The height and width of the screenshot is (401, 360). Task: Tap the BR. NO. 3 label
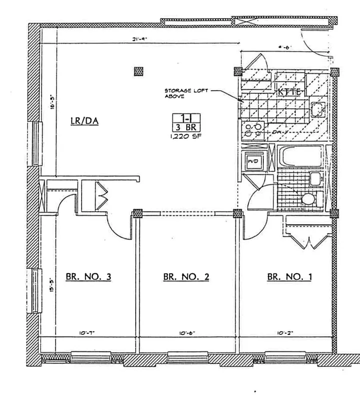(88, 276)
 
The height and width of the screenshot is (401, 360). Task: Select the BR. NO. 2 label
(185, 276)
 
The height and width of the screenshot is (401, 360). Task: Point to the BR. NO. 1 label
(289, 276)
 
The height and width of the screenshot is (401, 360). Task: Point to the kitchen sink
(317, 109)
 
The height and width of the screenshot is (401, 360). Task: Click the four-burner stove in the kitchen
(253, 130)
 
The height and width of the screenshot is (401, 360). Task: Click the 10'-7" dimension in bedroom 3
(87, 332)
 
